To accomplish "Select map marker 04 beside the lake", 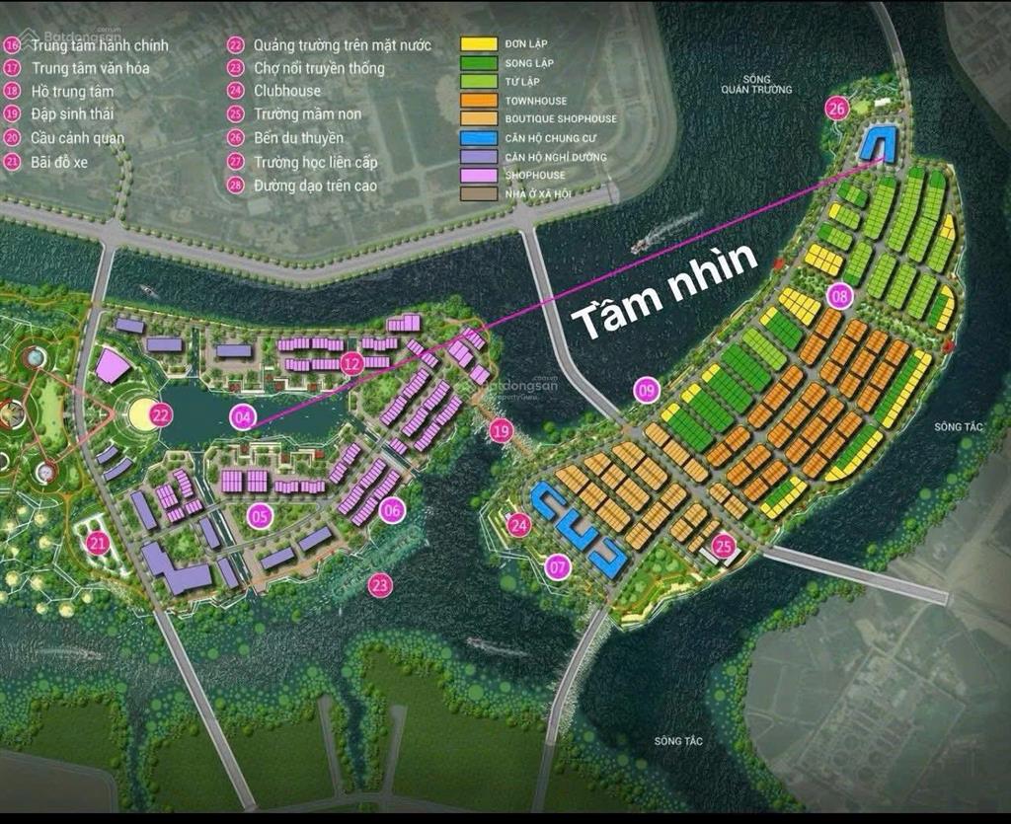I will (x=243, y=416).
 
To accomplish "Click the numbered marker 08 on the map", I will (x=840, y=294).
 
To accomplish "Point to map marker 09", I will (x=647, y=391).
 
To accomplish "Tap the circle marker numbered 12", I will (x=352, y=364).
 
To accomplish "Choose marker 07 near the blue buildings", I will (x=559, y=566).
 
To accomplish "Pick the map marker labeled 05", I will (x=260, y=515).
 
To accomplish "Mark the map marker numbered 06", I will (x=392, y=510).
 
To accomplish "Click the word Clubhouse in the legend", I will (x=287, y=91).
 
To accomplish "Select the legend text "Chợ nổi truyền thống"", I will (x=319, y=68).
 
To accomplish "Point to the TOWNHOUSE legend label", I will (x=535, y=101).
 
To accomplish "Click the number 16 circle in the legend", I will (x=12, y=45).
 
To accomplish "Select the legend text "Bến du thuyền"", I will (x=298, y=138).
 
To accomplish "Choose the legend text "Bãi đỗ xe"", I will (x=59, y=162).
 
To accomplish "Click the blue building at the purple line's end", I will (x=876, y=144).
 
